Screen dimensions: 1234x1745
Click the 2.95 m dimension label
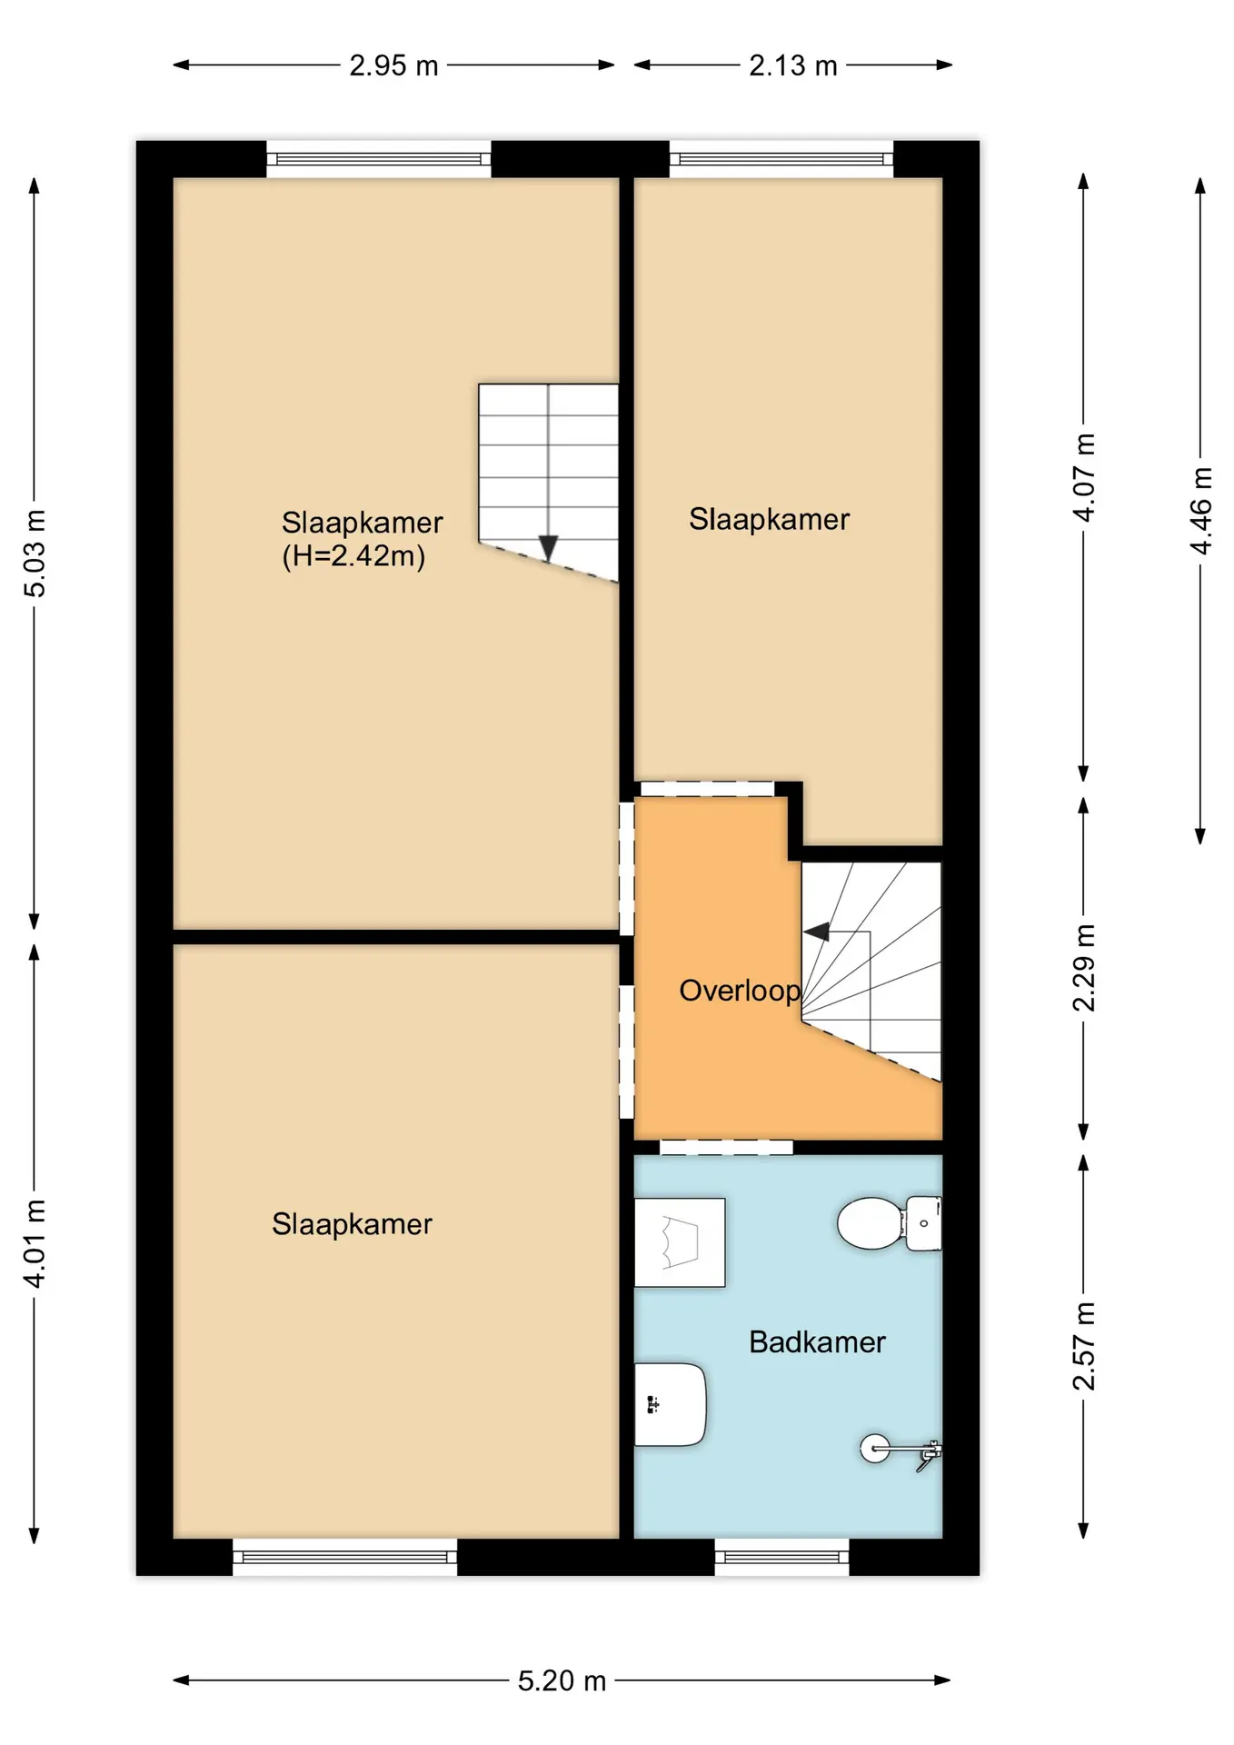point(393,65)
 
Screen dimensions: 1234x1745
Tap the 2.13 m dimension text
point(792,65)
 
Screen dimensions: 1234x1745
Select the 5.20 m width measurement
point(562,1680)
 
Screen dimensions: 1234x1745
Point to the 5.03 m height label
point(35,553)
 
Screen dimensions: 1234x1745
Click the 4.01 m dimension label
point(35,1243)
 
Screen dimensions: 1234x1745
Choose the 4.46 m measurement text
point(1200,510)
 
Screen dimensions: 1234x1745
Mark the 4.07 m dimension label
point(1084,477)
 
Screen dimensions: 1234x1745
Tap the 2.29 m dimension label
point(1084,968)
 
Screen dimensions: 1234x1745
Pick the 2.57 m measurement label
point(1084,1346)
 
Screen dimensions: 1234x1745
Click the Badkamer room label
point(817,1342)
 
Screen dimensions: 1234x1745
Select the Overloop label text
point(740,991)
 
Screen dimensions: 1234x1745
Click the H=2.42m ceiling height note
point(353,555)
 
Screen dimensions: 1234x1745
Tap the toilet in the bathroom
point(889,1223)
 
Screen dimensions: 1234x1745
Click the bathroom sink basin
point(670,1403)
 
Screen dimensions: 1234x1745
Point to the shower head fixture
point(901,1449)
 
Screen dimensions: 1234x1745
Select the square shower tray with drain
point(680,1242)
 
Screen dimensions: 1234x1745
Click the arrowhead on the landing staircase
point(816,932)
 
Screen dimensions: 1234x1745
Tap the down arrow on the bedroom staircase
point(548,548)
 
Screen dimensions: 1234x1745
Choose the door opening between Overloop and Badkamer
point(726,1147)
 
